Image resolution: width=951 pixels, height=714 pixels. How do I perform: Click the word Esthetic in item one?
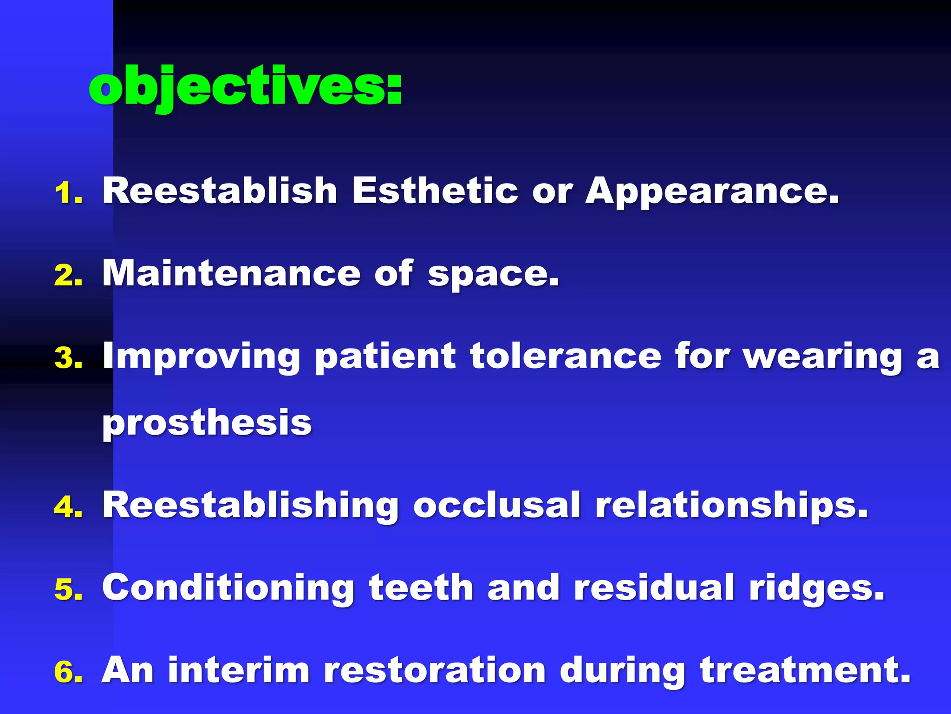point(434,191)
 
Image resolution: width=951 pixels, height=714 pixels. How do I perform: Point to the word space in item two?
point(492,275)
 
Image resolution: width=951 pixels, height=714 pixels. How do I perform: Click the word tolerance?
point(565,356)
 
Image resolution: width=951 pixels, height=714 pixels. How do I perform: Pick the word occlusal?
point(496,505)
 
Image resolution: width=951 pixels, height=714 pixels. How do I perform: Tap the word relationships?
point(731,506)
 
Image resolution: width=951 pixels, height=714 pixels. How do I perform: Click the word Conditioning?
point(228,588)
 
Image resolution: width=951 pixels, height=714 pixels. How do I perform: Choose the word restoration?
point(434,670)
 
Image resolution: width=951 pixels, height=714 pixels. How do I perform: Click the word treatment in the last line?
point(805,670)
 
